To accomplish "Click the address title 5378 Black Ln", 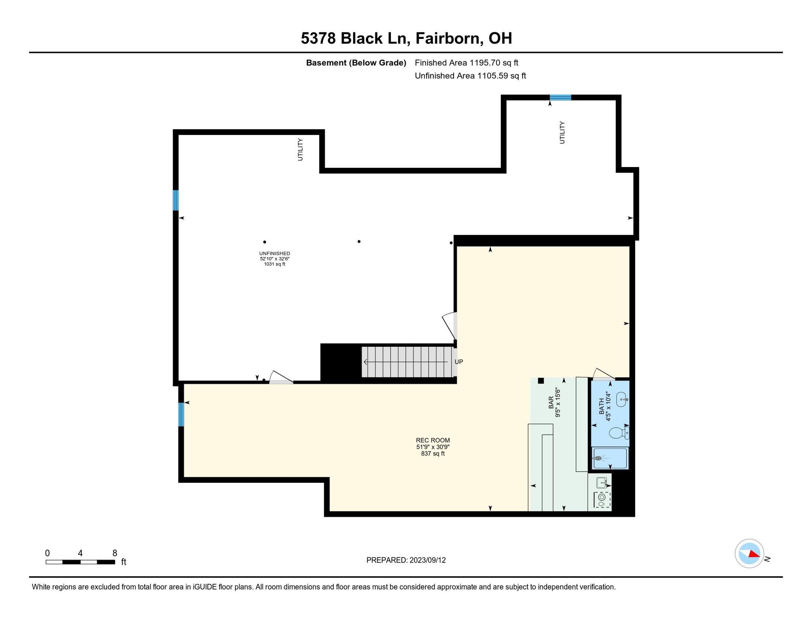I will [406, 38].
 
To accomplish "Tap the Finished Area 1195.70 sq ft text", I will [466, 63].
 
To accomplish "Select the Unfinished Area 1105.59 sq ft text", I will [470, 76].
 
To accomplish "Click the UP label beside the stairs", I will [459, 362].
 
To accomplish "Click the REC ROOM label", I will [433, 440].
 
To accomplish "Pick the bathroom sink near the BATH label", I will [622, 399].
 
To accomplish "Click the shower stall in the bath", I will [610, 459].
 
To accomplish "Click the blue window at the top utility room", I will [560, 98].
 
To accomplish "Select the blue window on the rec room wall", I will [181, 414].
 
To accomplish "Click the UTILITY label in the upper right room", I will [562, 133].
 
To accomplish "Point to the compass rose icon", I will [749, 554].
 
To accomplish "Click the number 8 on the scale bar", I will [115, 553].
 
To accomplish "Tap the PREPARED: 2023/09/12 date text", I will [406, 560].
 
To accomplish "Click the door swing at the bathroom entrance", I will [603, 374].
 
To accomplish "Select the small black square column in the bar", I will [540, 381].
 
